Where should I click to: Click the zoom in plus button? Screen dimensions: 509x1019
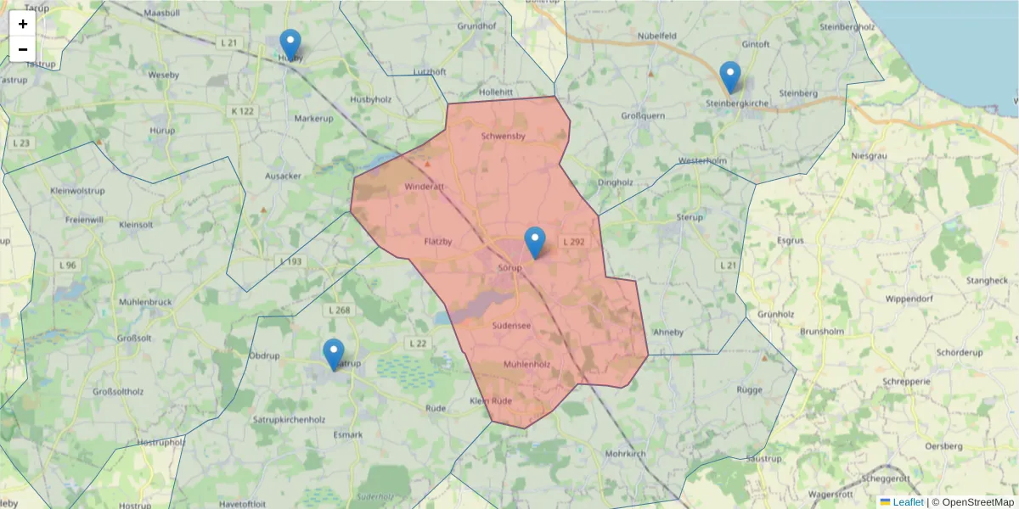(x=23, y=24)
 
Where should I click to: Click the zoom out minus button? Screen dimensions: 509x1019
(x=23, y=49)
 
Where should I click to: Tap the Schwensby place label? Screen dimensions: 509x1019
(x=503, y=136)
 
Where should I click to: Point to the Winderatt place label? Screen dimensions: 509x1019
(x=424, y=187)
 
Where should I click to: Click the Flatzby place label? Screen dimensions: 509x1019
(x=438, y=242)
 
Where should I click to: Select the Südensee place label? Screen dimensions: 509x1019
(x=511, y=325)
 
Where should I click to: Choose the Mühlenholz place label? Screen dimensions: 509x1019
(x=526, y=365)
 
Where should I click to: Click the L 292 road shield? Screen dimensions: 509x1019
(x=573, y=242)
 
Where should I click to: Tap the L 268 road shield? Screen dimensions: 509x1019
(x=338, y=310)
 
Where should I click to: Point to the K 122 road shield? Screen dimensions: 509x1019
(x=242, y=111)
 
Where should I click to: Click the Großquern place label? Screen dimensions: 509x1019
(x=643, y=115)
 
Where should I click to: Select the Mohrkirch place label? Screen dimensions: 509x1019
(x=626, y=454)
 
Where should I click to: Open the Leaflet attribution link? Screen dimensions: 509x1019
(x=908, y=502)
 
